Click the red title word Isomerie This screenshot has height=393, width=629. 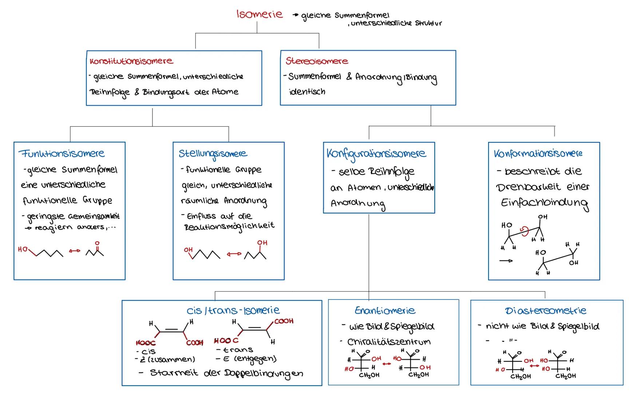[260, 15]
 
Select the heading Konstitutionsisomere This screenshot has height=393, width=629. [131, 61]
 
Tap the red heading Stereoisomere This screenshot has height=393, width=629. [317, 61]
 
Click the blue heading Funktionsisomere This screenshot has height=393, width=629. [62, 154]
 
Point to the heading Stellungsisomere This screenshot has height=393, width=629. [213, 154]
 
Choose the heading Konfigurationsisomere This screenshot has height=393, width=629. [376, 154]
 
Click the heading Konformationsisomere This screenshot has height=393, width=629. [538, 154]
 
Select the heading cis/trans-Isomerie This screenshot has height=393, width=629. [233, 311]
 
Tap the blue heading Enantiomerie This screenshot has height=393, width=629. [385, 311]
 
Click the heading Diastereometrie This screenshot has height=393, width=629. [546, 311]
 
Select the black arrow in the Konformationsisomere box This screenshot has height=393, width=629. [506, 261]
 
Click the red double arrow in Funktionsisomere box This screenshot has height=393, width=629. [74, 251]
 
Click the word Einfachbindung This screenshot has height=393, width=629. [545, 203]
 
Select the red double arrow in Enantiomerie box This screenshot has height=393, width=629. [387, 363]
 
